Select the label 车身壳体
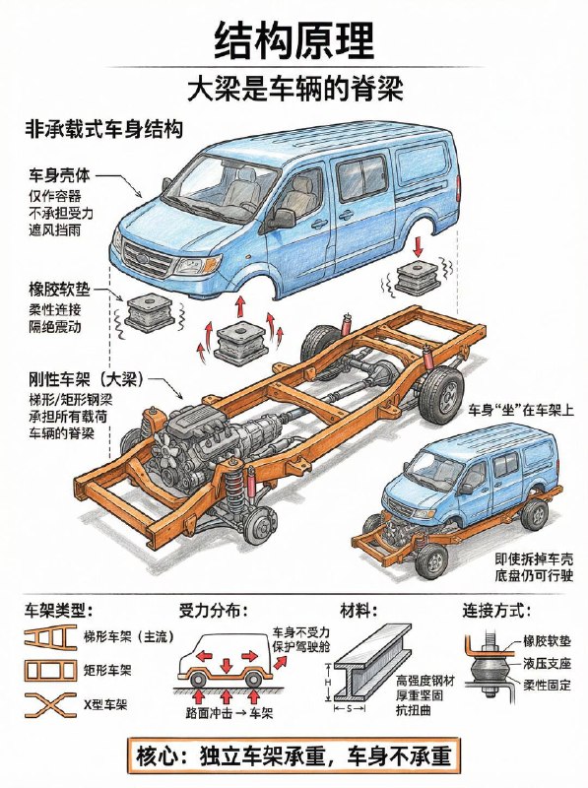[59, 176]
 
